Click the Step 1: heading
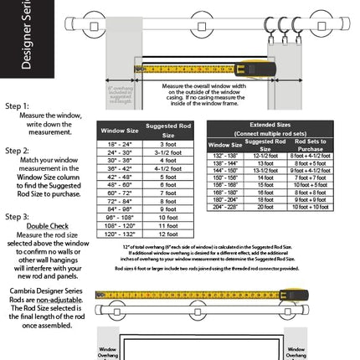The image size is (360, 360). click(x=18, y=106)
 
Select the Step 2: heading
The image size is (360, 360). click(x=18, y=151)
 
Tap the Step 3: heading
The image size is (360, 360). click(x=18, y=216)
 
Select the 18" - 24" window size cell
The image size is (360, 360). click(x=120, y=144)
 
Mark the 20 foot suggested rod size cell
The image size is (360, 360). click(x=265, y=207)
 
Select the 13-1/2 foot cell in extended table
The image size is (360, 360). click(x=265, y=170)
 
